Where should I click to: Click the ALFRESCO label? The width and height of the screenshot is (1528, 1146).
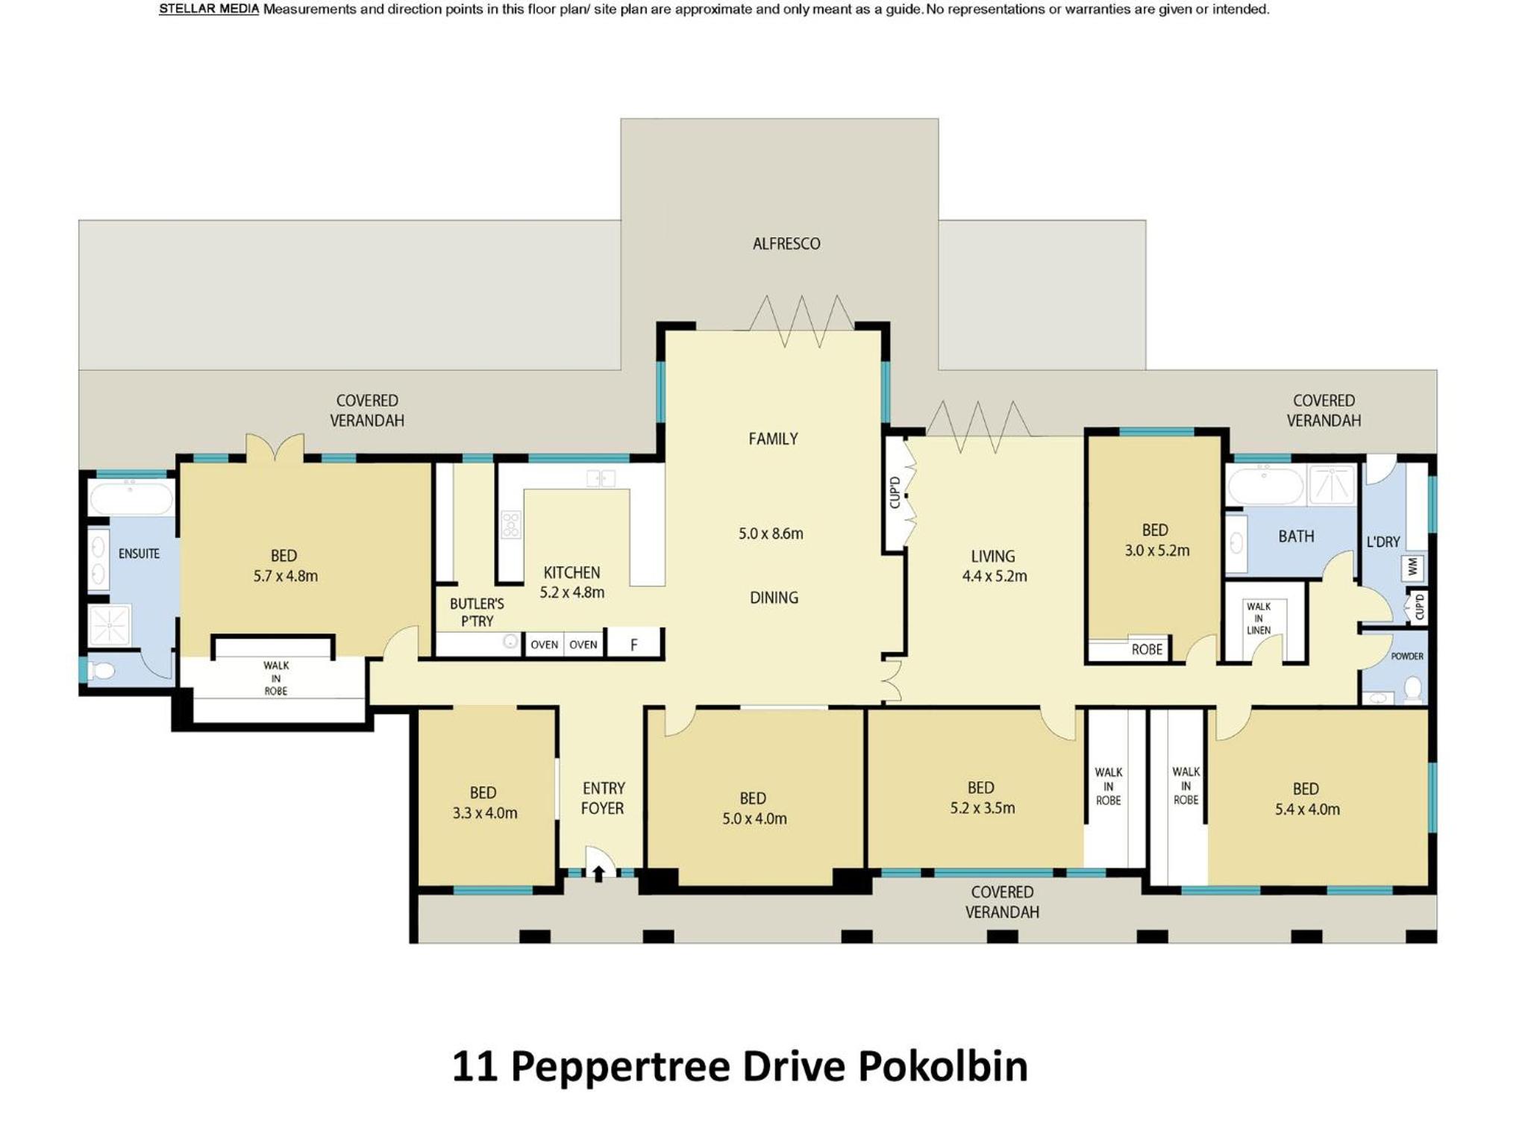[786, 243]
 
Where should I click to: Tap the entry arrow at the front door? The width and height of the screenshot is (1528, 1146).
[598, 873]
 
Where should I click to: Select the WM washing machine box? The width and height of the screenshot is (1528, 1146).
[1412, 567]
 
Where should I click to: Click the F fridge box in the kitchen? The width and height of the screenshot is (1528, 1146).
[633, 644]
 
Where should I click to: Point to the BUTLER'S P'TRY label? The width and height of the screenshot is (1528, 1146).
[477, 612]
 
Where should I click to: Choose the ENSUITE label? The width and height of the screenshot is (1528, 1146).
[139, 554]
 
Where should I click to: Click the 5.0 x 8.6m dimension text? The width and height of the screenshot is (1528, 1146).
[771, 533]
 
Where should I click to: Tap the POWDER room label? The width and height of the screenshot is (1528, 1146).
[1407, 657]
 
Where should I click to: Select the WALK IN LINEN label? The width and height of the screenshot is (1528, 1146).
[1259, 618]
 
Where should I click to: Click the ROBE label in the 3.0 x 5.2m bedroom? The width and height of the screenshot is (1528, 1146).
[1147, 649]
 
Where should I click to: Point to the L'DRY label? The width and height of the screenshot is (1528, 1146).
[1383, 542]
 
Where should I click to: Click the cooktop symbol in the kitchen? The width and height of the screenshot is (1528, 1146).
[511, 524]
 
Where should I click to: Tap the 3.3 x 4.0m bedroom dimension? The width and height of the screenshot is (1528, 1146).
[485, 813]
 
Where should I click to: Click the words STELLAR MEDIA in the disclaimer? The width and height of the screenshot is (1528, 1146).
[209, 10]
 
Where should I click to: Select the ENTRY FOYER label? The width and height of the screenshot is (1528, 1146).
[603, 798]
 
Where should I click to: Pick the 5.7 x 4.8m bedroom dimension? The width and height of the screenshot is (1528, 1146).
[286, 576]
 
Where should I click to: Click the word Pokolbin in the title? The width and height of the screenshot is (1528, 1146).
[943, 1065]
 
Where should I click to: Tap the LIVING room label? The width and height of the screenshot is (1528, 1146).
[993, 556]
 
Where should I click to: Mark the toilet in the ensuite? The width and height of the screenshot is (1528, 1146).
[101, 670]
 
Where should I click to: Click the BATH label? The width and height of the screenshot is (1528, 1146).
[1296, 536]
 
